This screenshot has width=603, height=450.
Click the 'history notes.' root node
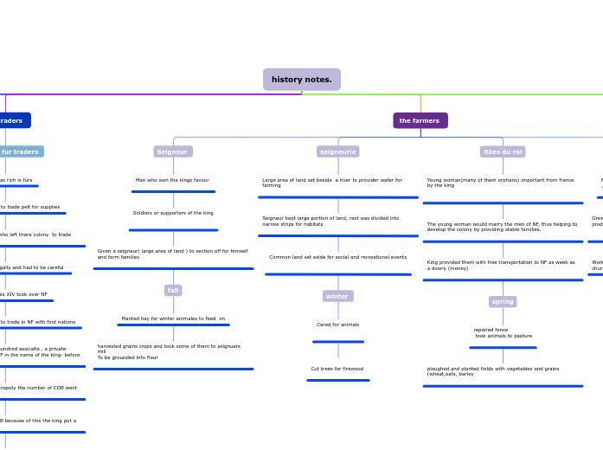point(301,80)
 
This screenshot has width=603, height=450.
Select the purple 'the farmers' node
point(420,120)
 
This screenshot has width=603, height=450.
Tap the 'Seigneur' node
point(172,151)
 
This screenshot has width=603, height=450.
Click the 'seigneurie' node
point(337,151)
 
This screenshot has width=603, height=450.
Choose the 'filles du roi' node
point(502,151)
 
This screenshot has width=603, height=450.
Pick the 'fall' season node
point(173,290)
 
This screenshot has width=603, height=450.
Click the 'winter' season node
point(337,296)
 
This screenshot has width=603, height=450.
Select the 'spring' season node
point(503,301)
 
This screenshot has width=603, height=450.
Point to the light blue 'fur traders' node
point(19,151)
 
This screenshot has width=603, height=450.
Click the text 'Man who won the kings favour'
point(172,180)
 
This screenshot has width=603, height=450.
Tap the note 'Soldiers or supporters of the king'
point(173,213)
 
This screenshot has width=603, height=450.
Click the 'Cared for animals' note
point(337,325)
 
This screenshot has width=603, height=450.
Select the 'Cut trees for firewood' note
point(337,369)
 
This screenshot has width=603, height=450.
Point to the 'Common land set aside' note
point(337,257)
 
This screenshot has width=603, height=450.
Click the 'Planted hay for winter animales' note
point(173,318)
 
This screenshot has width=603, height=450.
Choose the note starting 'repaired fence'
point(503,332)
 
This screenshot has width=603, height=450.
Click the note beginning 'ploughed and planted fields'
point(493,371)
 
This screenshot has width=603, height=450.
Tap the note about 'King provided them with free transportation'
point(501,265)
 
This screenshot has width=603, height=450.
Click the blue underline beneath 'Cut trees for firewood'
point(337,380)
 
